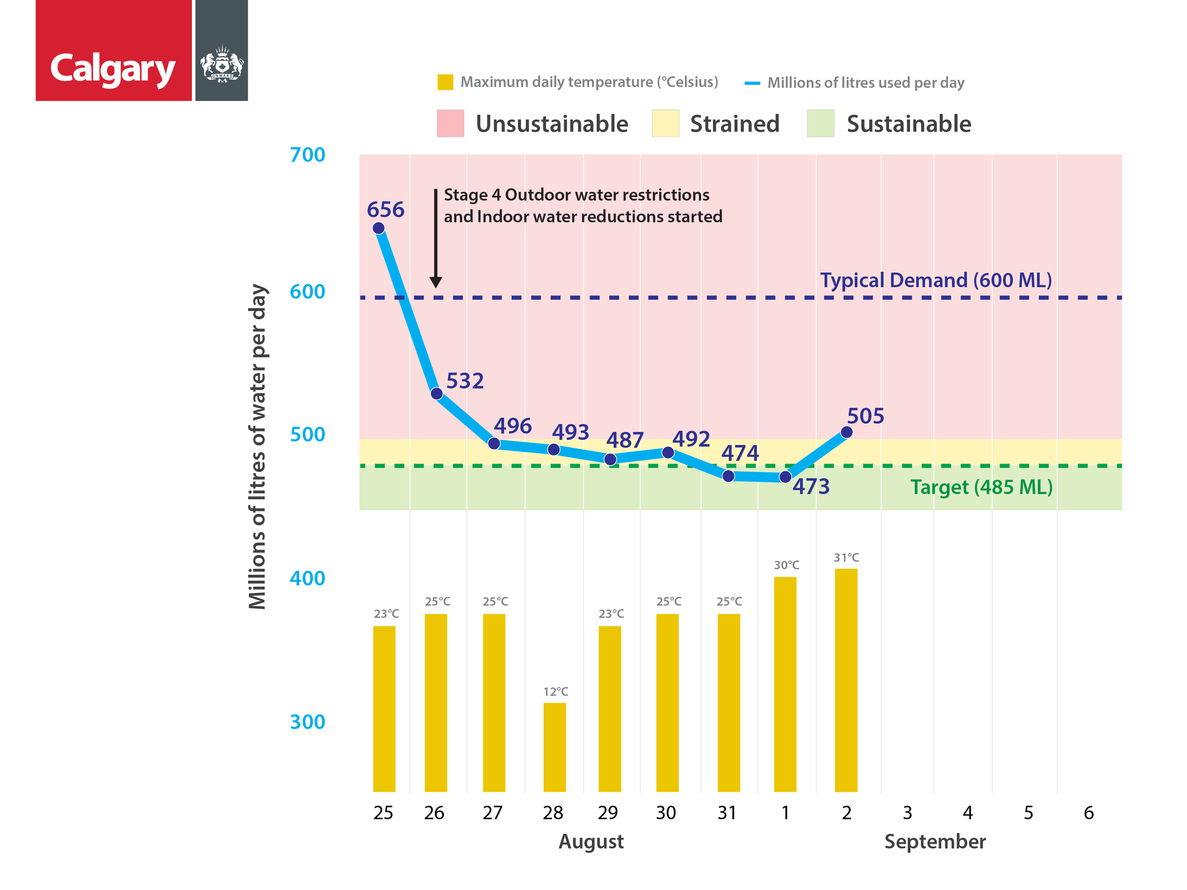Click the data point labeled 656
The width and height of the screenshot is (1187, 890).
point(378,228)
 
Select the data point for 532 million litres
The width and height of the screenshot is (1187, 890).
point(436,394)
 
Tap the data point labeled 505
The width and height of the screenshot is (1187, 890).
point(846,432)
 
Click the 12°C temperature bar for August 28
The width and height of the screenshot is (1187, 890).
point(554,747)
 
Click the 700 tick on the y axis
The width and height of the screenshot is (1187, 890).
point(307,155)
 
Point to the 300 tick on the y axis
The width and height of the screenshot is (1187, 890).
point(307,722)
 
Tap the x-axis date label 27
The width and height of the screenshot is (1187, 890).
point(492,813)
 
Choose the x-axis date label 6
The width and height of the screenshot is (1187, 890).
point(1088,813)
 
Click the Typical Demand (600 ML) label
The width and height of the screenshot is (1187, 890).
point(936,280)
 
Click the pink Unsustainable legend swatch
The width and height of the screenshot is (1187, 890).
point(450,123)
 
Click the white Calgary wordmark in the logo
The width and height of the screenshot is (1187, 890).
point(113,69)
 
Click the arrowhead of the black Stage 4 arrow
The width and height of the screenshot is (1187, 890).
point(436,282)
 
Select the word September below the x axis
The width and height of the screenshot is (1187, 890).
point(935,842)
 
